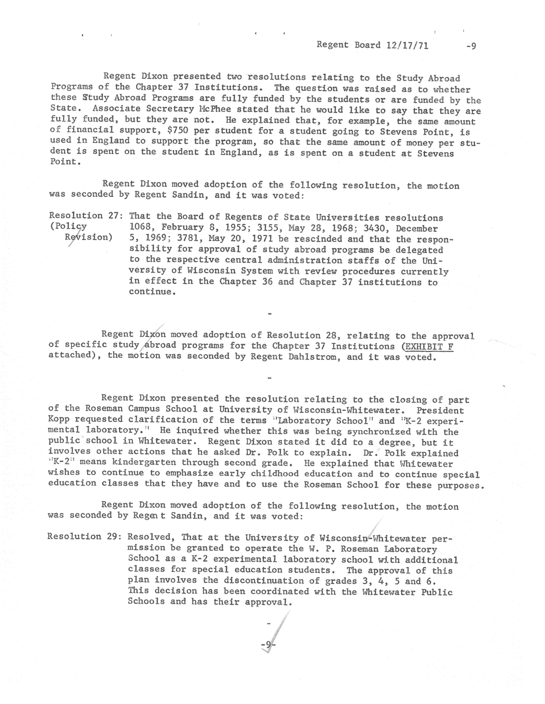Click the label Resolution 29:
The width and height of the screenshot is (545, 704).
(84, 536)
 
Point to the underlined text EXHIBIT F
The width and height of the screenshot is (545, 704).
(429, 347)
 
